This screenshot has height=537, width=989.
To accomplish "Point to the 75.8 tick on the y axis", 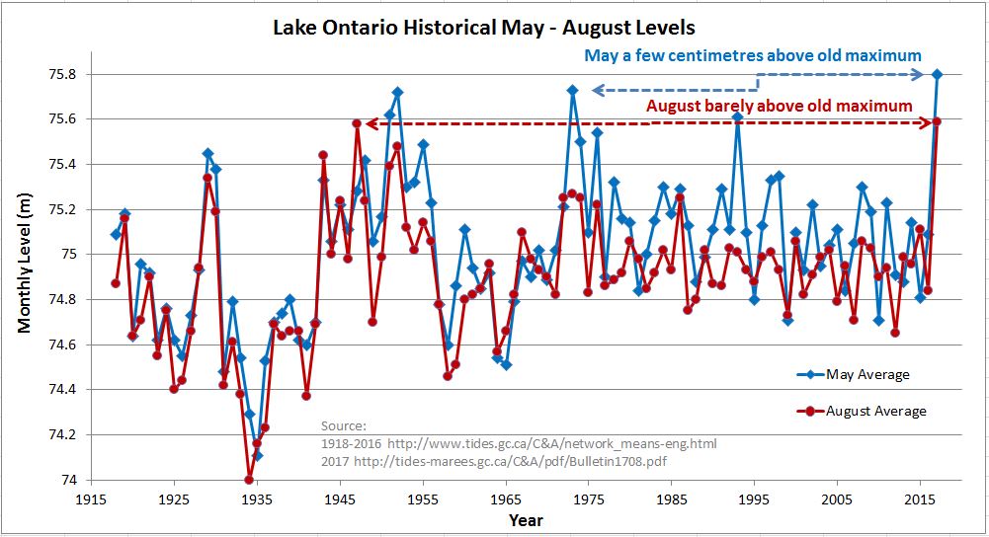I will (69, 74).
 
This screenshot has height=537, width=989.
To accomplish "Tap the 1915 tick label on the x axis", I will (91, 499).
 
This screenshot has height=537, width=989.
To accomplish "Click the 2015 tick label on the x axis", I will (921, 499).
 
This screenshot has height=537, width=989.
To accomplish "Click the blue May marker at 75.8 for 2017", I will (937, 74).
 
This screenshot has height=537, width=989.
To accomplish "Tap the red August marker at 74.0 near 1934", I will (249, 480).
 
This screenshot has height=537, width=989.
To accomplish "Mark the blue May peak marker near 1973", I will (572, 90).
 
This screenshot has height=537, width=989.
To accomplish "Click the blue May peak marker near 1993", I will (737, 116).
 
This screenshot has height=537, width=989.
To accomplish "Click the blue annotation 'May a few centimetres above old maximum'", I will (753, 55).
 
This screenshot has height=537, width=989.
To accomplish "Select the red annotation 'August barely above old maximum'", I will (779, 106).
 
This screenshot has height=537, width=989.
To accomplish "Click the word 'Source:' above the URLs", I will (343, 425).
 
